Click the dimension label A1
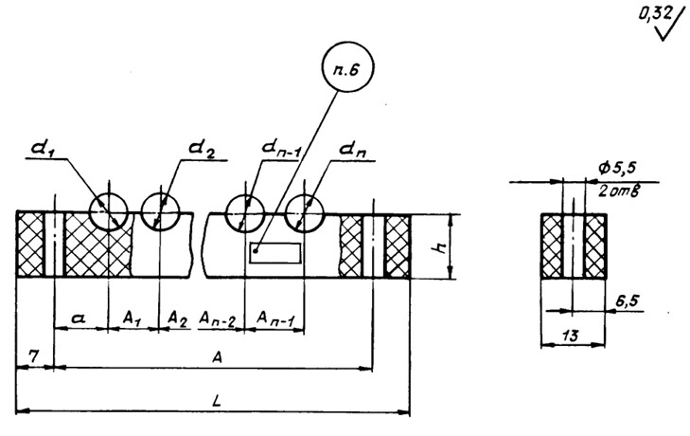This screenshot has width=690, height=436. point(133,320)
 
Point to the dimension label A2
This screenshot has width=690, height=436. point(177,320)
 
